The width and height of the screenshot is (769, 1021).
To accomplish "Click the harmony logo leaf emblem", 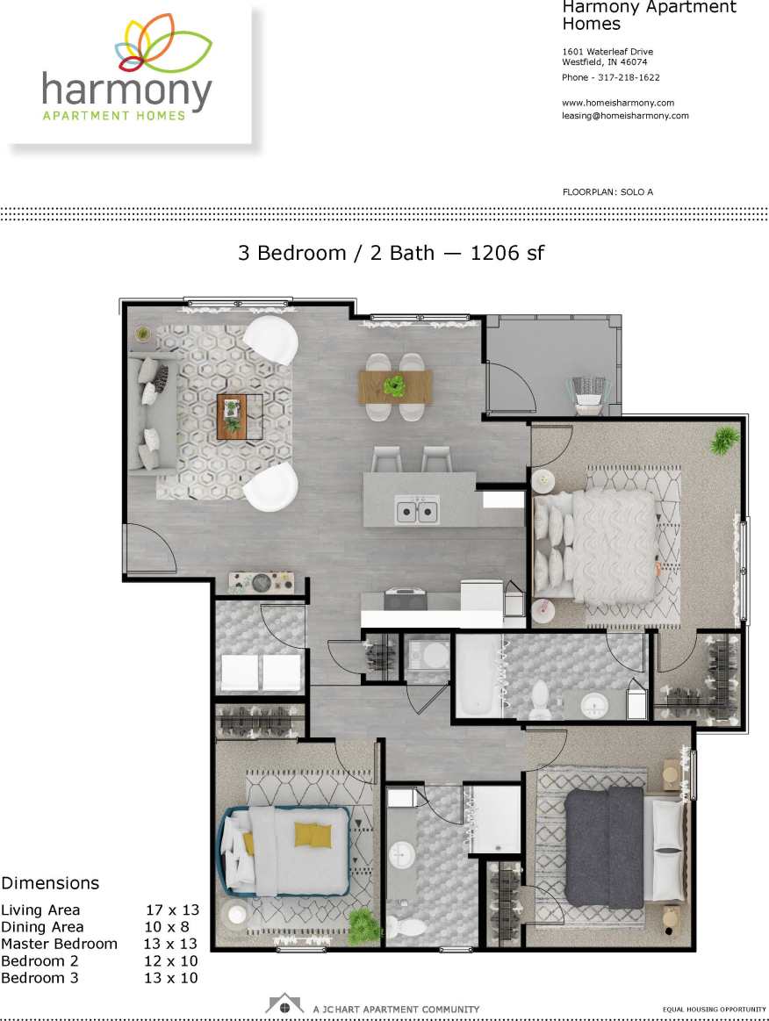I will click(x=162, y=44).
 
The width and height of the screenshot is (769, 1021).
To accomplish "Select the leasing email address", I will click(x=625, y=116).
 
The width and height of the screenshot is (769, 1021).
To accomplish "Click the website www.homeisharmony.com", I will click(x=618, y=103).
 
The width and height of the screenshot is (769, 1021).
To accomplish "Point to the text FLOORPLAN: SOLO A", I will click(x=607, y=191).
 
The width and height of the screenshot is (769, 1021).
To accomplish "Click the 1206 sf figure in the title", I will click(x=507, y=254).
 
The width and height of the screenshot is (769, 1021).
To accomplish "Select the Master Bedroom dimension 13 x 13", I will click(x=170, y=945).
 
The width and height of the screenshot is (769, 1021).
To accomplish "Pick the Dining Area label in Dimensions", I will click(x=42, y=927).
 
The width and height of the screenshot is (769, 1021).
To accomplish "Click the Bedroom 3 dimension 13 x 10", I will click(x=170, y=978).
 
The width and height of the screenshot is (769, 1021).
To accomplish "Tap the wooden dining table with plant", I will click(x=395, y=386).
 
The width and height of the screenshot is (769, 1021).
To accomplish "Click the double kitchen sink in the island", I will click(x=417, y=510).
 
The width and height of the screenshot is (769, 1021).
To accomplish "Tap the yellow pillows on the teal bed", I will click(x=312, y=835).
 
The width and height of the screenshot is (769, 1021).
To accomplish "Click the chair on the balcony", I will click(x=589, y=392).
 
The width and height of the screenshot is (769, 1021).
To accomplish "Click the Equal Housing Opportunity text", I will click(x=714, y=1010).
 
